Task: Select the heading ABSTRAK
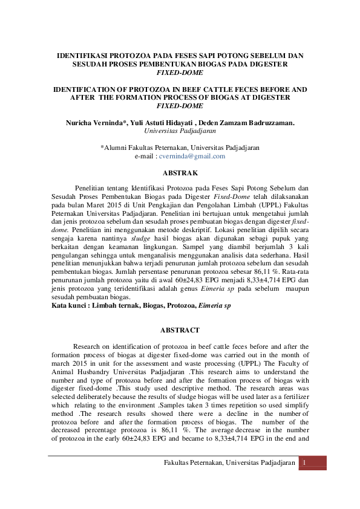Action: coord(180,173)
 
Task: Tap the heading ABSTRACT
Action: coord(180,331)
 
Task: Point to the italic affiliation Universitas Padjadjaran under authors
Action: coord(180,129)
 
